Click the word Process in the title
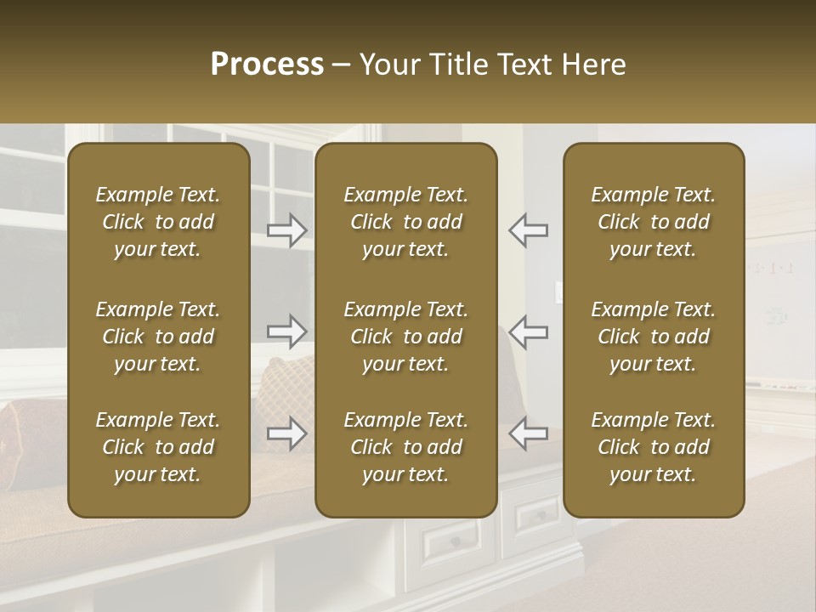click(x=267, y=65)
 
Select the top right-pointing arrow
click(x=287, y=230)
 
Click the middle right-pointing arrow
click(x=287, y=331)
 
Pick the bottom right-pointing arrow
click(x=287, y=433)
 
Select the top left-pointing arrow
click(x=528, y=230)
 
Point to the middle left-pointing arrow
click(x=528, y=331)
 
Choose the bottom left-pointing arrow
click(x=528, y=433)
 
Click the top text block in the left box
click(x=158, y=222)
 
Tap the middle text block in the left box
click(x=158, y=337)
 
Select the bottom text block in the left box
click(x=158, y=447)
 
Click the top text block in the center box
click(x=406, y=222)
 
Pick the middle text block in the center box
click(x=406, y=337)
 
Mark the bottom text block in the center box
click(x=406, y=447)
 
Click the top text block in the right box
click(x=654, y=222)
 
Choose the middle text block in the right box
click(x=654, y=337)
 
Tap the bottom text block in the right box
click(x=654, y=447)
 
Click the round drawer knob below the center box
click(x=456, y=541)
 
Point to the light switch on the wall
click(x=558, y=292)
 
